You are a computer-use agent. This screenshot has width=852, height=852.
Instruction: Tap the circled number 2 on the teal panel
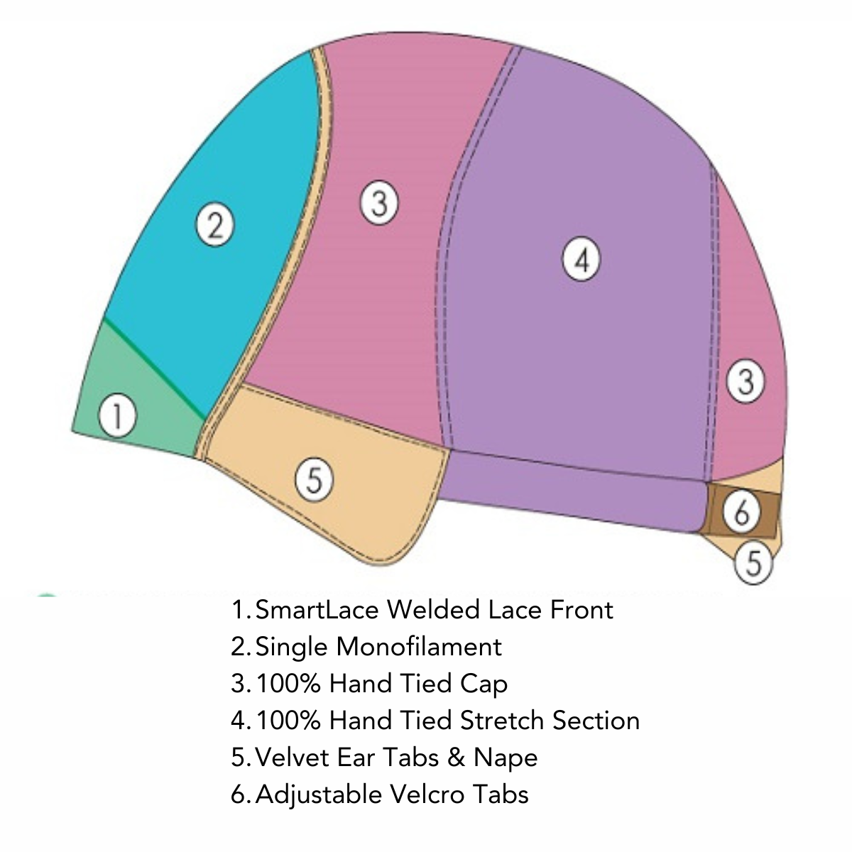click(x=214, y=225)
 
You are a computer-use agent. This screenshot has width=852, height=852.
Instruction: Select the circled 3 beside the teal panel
click(x=378, y=203)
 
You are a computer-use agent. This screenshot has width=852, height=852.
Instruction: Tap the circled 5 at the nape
click(x=753, y=564)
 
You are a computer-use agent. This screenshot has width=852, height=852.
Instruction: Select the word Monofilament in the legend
click(x=419, y=646)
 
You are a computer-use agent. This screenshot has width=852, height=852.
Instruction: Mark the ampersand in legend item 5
click(x=456, y=757)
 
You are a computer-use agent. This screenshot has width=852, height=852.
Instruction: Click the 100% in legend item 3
click(x=289, y=683)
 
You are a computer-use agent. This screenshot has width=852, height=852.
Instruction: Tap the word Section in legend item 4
click(x=596, y=720)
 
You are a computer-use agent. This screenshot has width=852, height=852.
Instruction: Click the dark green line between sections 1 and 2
click(x=154, y=367)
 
